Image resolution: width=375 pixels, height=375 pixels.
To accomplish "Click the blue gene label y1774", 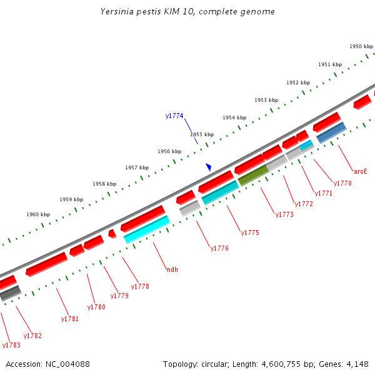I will pyautogui.click(x=174, y=116).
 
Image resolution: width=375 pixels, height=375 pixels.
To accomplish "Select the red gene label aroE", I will pyautogui.click(x=361, y=171).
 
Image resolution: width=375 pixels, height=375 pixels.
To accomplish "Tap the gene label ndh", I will pyautogui.click(x=172, y=269).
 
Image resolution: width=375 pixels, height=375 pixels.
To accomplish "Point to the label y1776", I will pyautogui.click(x=219, y=249).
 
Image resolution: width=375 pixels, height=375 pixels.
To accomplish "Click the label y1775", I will pyautogui.click(x=250, y=233).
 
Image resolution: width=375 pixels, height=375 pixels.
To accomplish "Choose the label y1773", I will pyautogui.click(x=284, y=215).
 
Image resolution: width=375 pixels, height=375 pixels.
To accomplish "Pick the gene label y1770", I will pyautogui.click(x=342, y=184).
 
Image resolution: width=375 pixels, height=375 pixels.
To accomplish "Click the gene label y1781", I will pyautogui.click(x=70, y=319).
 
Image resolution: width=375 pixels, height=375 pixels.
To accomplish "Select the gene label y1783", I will pyautogui.click(x=11, y=345).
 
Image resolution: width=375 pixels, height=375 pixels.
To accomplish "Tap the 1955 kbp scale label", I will pyautogui.click(x=202, y=134).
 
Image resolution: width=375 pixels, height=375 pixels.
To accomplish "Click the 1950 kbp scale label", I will pyautogui.click(x=361, y=46).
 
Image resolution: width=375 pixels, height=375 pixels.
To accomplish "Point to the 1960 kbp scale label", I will pyautogui.click(x=38, y=214).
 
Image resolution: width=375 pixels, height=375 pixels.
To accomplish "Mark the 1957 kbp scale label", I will pyautogui.click(x=137, y=167).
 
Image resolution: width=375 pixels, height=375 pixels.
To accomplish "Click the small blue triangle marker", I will pyautogui.click(x=209, y=167).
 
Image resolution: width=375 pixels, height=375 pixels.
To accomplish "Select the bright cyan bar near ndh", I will pyautogui.click(x=147, y=229).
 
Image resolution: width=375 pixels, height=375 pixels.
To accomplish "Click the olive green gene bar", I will pyautogui.click(x=253, y=175).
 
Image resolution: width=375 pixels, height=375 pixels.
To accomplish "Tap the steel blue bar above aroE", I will pyautogui.click(x=331, y=132).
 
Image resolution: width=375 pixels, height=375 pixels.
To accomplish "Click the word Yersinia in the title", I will pyautogui.click(x=116, y=12).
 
